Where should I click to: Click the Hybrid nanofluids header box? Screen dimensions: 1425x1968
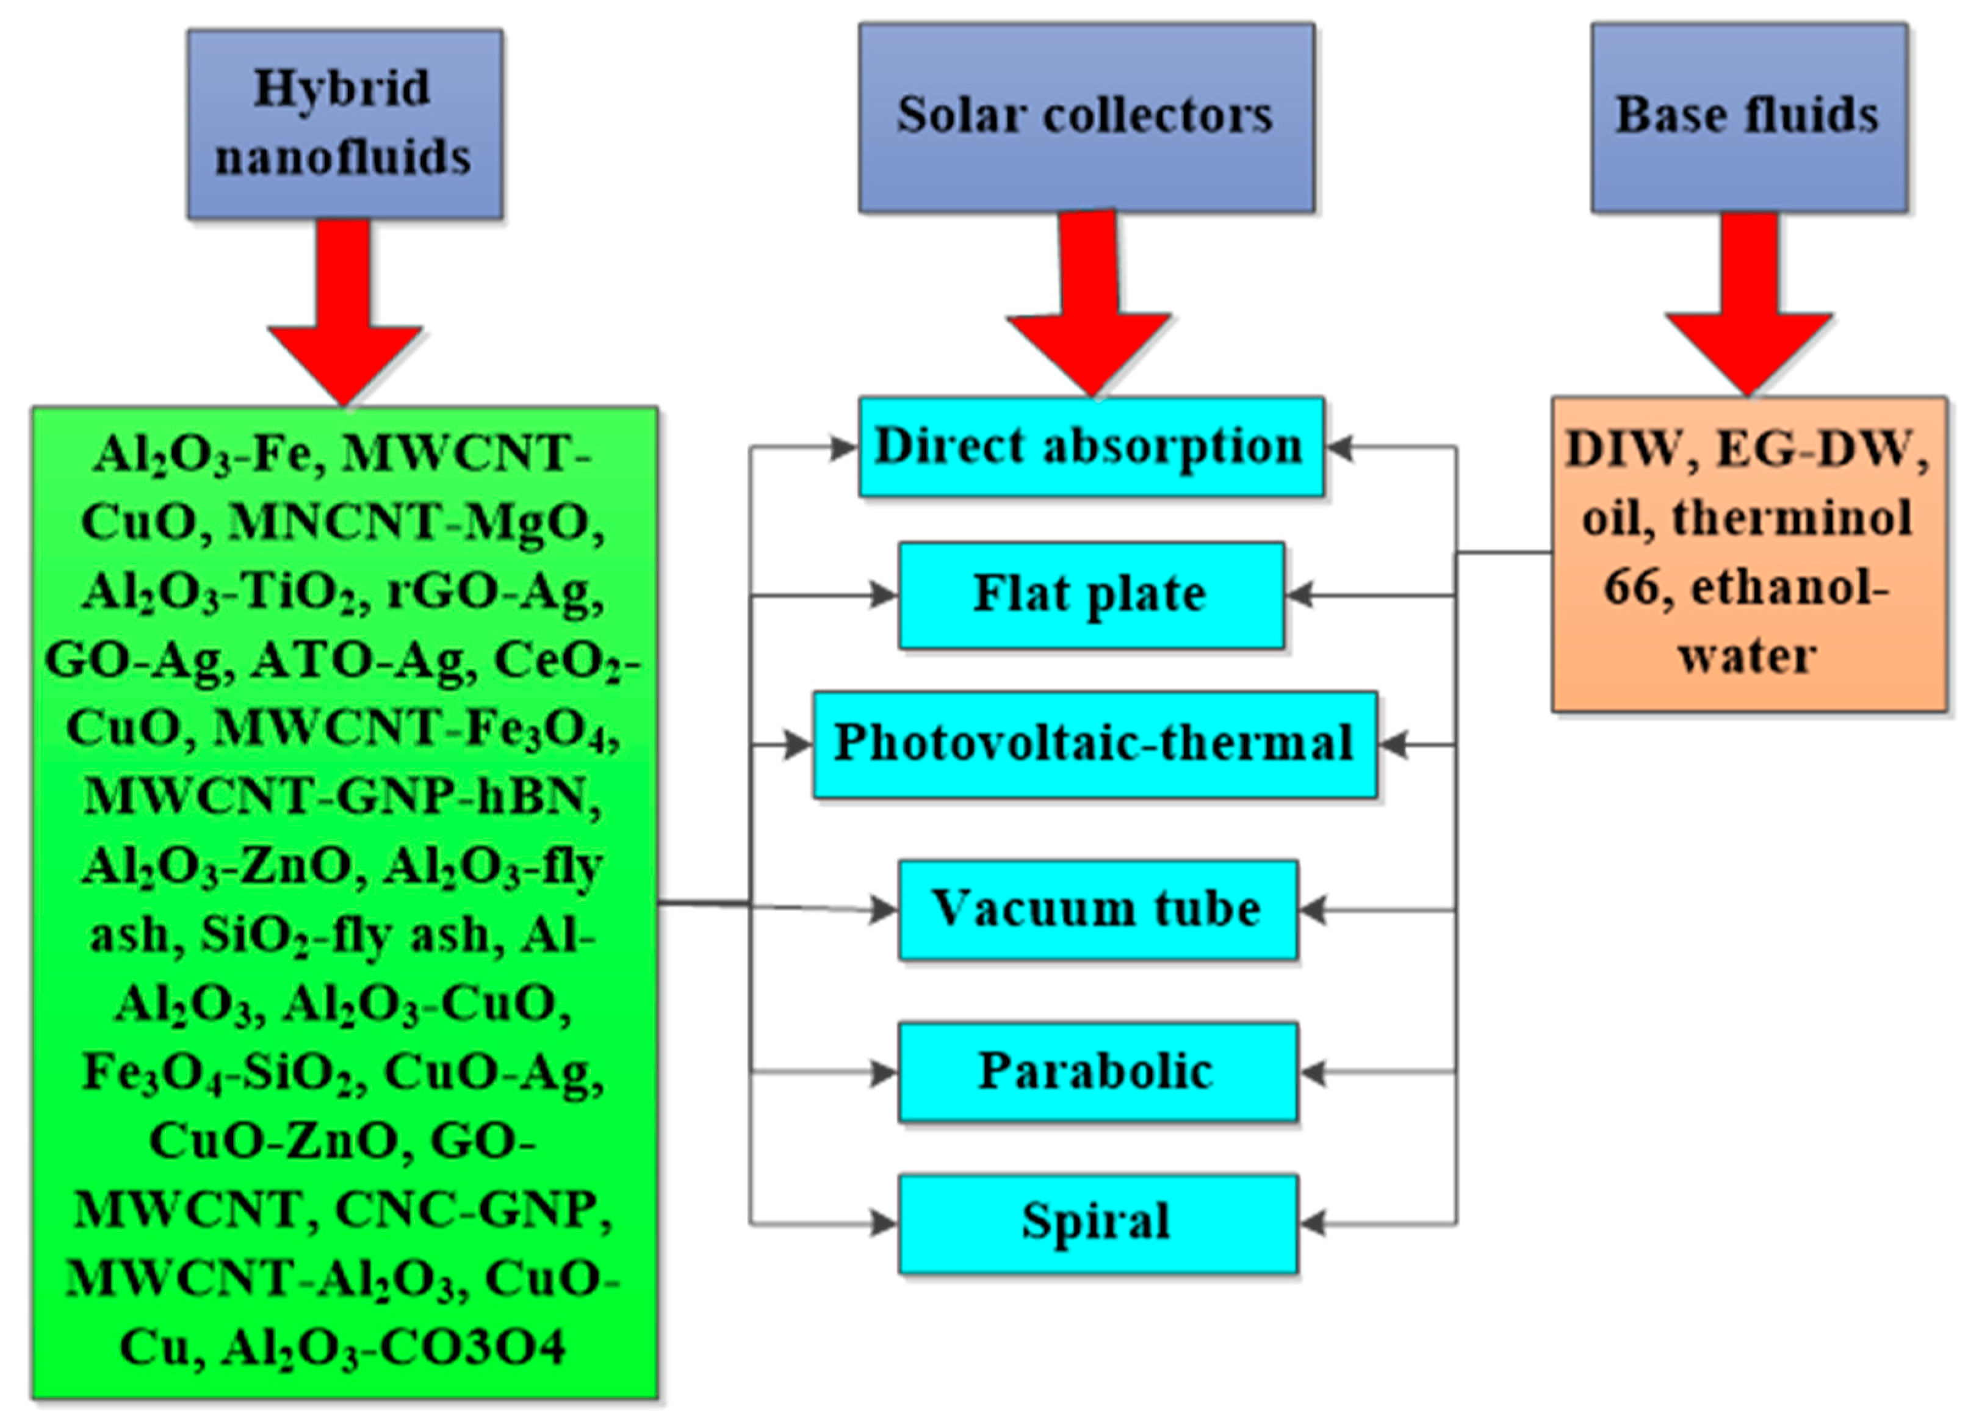(x=345, y=123)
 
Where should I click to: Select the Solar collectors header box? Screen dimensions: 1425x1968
(x=1086, y=117)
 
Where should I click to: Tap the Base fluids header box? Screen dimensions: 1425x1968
(x=1748, y=117)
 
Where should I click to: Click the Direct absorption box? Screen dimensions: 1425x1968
(x=1090, y=447)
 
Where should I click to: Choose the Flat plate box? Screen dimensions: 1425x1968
(x=1090, y=596)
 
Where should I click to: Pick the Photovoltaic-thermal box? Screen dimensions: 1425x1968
(x=1094, y=745)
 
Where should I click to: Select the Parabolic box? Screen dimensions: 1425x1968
(x=1098, y=1072)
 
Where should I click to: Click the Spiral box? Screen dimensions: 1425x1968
(x=1098, y=1223)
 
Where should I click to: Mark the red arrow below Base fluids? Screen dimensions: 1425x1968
(x=1748, y=308)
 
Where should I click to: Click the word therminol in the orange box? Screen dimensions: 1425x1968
(x=1792, y=519)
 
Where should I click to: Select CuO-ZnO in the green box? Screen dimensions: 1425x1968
(x=273, y=1141)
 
